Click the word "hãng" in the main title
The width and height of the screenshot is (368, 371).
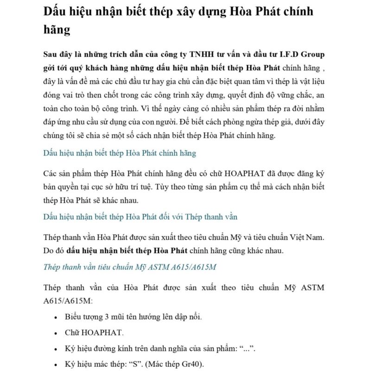coord(57,30)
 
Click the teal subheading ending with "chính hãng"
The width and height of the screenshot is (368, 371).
coord(120,153)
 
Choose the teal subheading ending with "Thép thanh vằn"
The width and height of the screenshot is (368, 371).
coord(140,216)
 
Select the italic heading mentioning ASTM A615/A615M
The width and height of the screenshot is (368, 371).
coord(130,267)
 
